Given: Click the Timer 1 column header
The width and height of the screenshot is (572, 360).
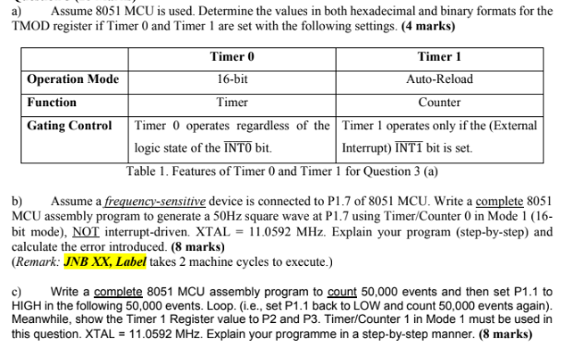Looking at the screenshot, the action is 439,57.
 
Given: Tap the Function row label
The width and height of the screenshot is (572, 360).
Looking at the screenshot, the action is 52,102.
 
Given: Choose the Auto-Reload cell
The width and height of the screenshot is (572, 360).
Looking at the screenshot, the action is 439,79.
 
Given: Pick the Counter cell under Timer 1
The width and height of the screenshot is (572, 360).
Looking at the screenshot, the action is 439,102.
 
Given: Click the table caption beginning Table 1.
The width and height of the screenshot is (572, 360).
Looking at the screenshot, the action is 282,169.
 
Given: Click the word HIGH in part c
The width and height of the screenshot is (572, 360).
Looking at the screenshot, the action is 29,305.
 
